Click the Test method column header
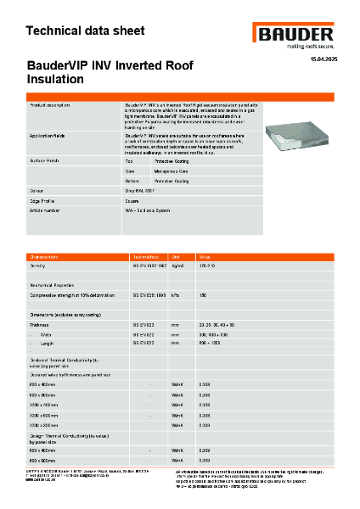(143, 255)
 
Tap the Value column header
(205, 255)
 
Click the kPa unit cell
(174, 295)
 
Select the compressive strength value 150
(203, 295)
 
